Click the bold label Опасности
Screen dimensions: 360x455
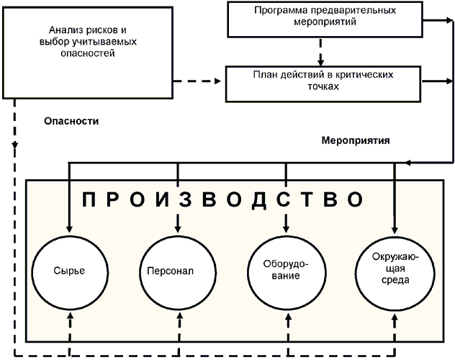coord(71,122)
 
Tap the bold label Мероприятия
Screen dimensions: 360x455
coord(356,141)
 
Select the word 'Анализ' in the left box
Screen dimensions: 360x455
coord(64,30)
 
